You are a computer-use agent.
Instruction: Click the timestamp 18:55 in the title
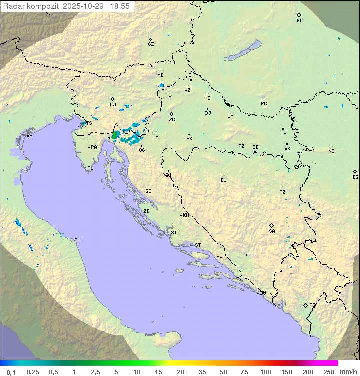coord(121,6)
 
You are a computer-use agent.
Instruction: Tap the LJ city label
coord(113,105)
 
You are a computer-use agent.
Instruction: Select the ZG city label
coord(172,120)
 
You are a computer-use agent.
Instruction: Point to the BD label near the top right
coord(299,21)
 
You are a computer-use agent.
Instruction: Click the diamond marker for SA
coord(272,225)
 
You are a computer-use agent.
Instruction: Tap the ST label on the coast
coord(198,245)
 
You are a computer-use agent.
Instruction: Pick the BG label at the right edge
coord(355,177)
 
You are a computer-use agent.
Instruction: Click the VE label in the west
coord(29,136)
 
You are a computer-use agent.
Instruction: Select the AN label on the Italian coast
coord(77,240)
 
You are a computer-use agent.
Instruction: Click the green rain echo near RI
coord(116,134)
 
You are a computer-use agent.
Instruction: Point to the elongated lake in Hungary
coord(242,51)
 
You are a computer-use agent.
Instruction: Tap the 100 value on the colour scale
coord(265,372)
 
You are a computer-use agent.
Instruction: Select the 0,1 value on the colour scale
coord(11,372)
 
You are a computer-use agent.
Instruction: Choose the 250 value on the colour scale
coord(328,372)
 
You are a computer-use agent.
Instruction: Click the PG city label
coord(312,305)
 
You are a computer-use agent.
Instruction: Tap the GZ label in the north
coord(151,44)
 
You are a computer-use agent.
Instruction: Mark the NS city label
coord(331,151)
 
